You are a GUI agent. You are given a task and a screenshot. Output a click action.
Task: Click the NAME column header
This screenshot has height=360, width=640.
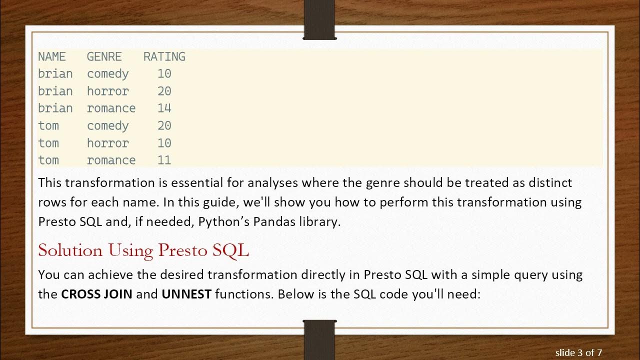click(51, 57)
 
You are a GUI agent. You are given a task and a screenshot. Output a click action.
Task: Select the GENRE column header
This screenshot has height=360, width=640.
click(107, 57)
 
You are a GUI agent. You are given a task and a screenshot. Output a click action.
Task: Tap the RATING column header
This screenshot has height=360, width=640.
click(164, 57)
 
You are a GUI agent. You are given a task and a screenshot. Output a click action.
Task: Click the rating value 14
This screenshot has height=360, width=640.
click(164, 108)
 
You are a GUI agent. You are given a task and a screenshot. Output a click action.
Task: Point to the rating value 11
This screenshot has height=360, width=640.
click(164, 160)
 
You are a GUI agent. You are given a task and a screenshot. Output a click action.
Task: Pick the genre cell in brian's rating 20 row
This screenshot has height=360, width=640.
click(107, 91)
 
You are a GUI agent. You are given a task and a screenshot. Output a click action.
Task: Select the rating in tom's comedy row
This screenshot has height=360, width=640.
click(164, 126)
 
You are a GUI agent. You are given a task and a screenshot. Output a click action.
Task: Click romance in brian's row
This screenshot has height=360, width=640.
click(111, 108)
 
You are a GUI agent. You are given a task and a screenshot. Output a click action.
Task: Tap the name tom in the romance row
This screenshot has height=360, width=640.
click(48, 160)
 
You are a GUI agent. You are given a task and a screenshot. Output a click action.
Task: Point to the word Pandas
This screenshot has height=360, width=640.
click(273, 221)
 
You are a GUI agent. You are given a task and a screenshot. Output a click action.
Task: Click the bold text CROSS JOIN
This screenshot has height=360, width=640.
click(96, 294)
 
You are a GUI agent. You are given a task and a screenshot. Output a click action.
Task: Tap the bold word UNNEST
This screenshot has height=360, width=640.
click(186, 294)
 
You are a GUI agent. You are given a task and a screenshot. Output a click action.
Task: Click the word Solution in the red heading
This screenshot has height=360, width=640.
click(70, 250)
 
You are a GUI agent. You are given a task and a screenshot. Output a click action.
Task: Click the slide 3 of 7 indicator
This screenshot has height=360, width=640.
click(578, 353)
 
